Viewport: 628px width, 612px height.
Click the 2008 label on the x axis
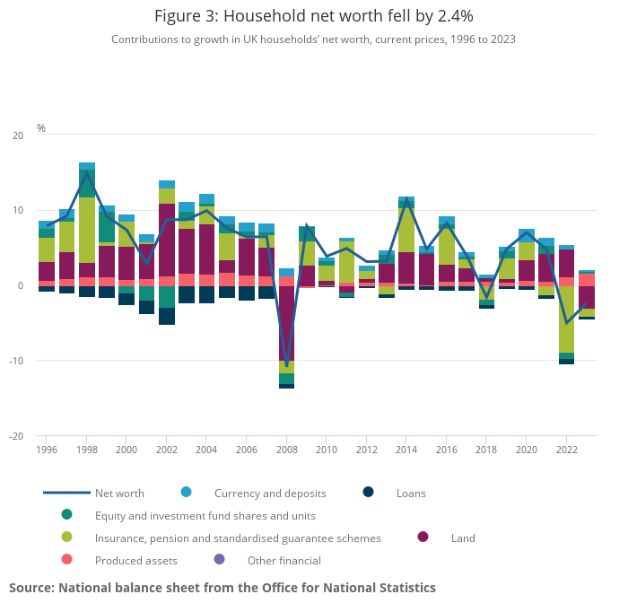[287, 450]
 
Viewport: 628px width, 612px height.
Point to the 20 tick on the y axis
[18, 136]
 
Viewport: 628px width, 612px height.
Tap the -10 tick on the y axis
[16, 362]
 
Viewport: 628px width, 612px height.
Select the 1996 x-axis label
[48, 450]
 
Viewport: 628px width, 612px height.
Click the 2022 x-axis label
[566, 450]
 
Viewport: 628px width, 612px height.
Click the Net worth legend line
[67, 493]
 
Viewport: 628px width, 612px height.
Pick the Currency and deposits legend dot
[187, 492]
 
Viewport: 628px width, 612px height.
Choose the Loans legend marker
[368, 492]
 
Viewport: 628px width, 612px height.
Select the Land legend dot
[423, 537]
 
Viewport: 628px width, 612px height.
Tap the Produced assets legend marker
[67, 560]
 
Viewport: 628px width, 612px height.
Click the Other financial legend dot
[220, 560]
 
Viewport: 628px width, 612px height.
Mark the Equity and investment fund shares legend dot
[67, 514]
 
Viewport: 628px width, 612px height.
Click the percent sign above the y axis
[41, 128]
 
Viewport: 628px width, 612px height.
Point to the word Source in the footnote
[31, 588]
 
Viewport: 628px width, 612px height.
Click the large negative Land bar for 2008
[287, 323]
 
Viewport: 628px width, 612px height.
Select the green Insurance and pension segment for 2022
[566, 319]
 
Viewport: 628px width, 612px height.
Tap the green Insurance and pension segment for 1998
[87, 230]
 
